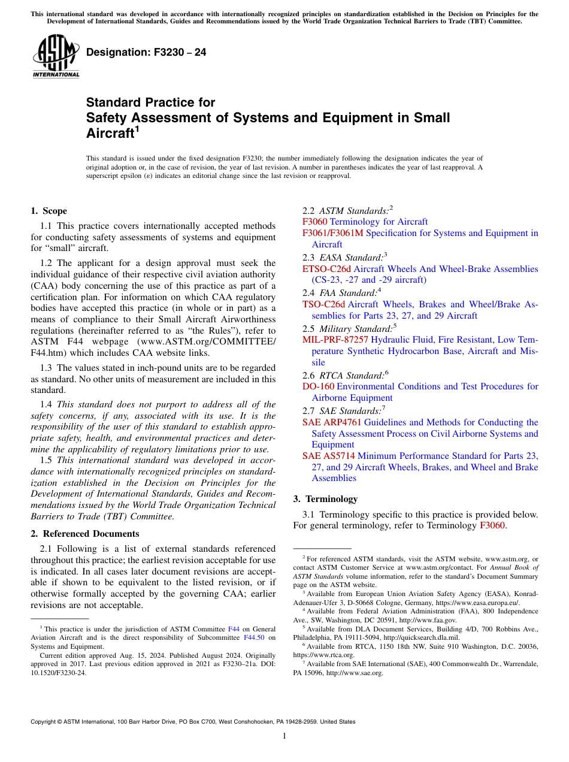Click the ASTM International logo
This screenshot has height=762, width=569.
[x=56, y=56]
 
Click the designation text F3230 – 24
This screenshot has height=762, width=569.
[x=146, y=53]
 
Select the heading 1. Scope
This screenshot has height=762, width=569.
[x=49, y=211]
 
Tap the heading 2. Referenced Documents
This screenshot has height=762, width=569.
[x=85, y=534]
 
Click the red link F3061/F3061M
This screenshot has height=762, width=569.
[x=332, y=233]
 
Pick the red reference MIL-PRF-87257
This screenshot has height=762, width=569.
[x=335, y=340]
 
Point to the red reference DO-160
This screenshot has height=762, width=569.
[x=318, y=386]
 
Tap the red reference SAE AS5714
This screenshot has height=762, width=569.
[x=328, y=456]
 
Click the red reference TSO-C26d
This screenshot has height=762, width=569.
[x=323, y=304]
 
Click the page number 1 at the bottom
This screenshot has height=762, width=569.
[x=284, y=736]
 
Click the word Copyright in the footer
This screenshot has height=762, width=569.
[x=46, y=722]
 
